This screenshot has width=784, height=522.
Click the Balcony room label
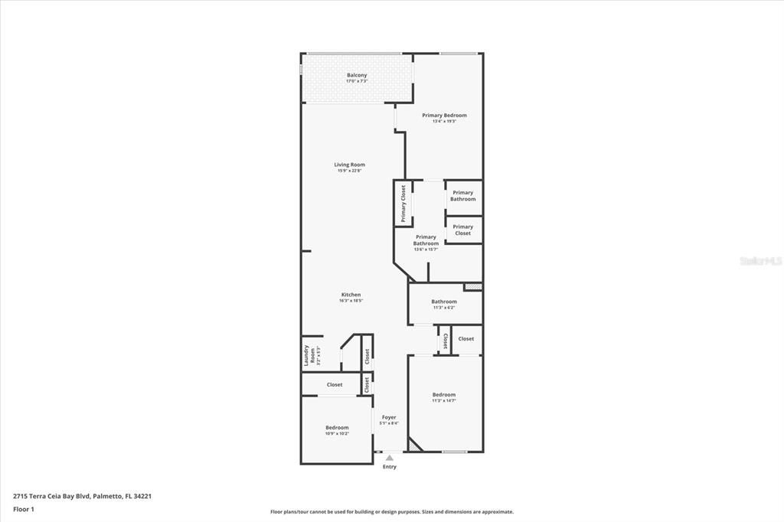point(356,75)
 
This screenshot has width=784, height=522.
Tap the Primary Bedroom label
point(444,115)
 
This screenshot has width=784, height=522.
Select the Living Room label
point(349,165)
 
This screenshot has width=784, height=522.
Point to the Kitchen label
point(351,295)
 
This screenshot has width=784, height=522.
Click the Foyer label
point(389,417)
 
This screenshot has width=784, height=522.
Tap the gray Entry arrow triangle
point(389,457)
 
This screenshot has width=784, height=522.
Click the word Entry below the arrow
point(389,467)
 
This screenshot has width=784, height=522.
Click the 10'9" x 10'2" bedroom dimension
point(337,434)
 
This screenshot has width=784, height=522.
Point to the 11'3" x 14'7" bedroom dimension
point(443,401)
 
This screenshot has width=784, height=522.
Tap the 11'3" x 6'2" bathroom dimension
point(443,308)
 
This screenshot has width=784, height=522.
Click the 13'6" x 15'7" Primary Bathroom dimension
point(426,250)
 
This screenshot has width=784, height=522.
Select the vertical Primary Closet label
point(403,203)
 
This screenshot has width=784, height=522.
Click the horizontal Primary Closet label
point(462,230)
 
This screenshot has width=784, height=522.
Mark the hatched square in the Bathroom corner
point(474,286)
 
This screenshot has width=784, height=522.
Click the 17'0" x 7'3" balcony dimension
point(356,81)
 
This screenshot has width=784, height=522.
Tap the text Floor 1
point(24,508)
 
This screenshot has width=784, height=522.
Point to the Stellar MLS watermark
point(760,261)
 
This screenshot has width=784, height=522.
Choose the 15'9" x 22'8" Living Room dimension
point(349,171)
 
